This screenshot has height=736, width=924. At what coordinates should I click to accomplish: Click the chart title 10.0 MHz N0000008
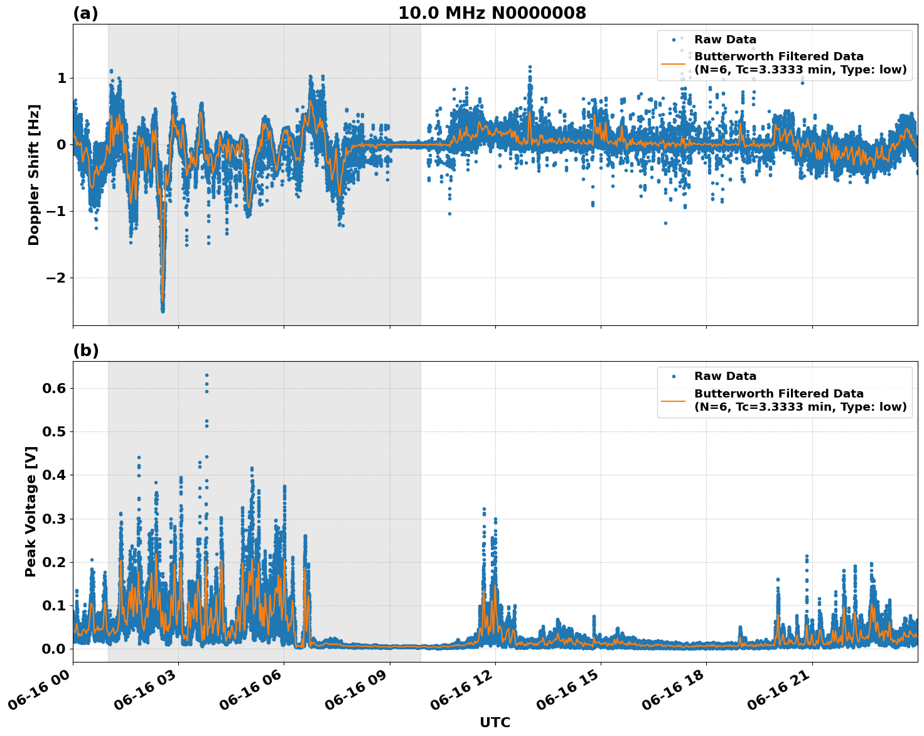click(x=492, y=13)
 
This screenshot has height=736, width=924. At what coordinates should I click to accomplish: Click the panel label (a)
click(x=85, y=13)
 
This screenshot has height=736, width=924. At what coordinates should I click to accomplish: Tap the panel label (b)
click(x=85, y=350)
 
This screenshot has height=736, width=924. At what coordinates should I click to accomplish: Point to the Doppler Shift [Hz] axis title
click(x=34, y=175)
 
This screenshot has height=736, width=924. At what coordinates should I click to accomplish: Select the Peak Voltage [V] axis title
click(x=31, y=511)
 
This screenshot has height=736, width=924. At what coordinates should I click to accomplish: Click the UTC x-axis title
click(x=495, y=722)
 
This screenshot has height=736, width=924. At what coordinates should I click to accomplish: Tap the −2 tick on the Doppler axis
click(x=57, y=278)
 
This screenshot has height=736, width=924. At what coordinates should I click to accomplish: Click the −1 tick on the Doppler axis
click(x=57, y=211)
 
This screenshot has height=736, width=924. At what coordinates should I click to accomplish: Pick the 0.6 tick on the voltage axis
click(x=54, y=388)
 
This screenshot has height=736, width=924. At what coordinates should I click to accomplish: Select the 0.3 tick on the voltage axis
click(x=54, y=519)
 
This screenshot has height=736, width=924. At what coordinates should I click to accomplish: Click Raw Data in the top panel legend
click(x=725, y=40)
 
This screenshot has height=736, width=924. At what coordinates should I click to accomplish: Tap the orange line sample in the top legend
click(x=674, y=63)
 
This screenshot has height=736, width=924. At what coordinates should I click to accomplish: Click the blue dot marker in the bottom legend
click(x=674, y=376)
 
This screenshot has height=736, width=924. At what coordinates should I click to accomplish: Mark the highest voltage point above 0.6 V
click(x=207, y=375)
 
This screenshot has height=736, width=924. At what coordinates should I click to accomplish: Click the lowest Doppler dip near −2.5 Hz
click(x=163, y=310)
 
